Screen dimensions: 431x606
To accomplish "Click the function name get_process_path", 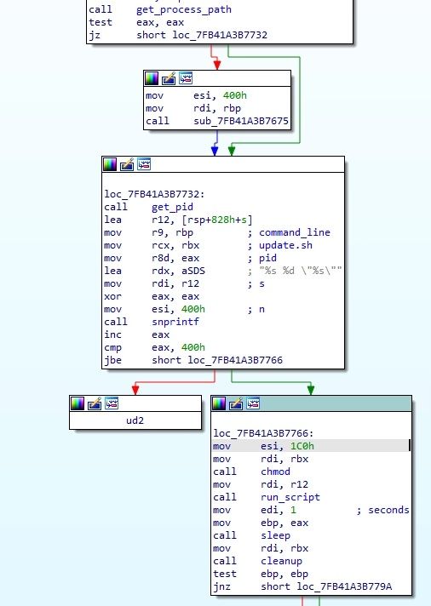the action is point(184,9).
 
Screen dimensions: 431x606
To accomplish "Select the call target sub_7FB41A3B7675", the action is point(241,121).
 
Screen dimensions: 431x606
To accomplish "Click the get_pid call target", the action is point(172,207).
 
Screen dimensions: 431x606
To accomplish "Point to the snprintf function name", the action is point(175,322).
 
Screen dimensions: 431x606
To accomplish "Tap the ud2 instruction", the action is point(135,420).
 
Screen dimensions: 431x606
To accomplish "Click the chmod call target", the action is point(275,472).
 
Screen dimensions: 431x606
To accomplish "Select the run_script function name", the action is point(290,497).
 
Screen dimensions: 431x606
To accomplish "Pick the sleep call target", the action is point(275,535).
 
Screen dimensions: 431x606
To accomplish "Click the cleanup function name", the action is point(281,561).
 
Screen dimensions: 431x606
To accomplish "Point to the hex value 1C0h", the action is point(302,446).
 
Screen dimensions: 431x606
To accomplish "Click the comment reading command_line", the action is point(295,232).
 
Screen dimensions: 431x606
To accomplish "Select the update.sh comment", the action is point(285,245).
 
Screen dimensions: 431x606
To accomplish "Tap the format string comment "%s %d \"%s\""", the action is point(301,271).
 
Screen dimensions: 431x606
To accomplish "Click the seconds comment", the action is point(388,510).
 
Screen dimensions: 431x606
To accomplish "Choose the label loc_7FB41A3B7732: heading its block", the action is point(154,194).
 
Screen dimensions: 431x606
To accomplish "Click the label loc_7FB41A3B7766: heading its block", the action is point(263,433).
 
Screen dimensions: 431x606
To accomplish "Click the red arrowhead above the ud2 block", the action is point(135,390).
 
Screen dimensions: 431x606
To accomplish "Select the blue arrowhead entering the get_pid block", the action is point(215,151).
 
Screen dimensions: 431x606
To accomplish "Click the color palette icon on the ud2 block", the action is point(78,403).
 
